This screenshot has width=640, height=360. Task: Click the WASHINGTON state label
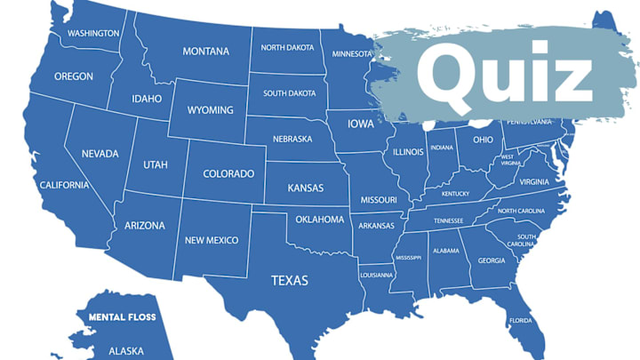tap(93, 34)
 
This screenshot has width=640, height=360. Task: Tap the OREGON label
tap(74, 76)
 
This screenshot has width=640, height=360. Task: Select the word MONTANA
tap(206, 52)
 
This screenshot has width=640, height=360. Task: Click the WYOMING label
tap(211, 111)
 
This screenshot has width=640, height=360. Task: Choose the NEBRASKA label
tap(292, 139)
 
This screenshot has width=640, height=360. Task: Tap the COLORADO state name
tap(228, 174)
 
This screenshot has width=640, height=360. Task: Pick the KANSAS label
tap(306, 188)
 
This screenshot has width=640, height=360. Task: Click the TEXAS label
tap(290, 281)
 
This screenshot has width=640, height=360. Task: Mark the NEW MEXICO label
tap(211, 240)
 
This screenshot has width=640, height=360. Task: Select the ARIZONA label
tap(145, 226)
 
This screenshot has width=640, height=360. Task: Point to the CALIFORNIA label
tap(64, 185)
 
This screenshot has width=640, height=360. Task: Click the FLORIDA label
tap(520, 320)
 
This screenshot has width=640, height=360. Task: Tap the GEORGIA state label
tap(492, 260)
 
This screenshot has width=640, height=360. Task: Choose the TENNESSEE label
tap(448, 220)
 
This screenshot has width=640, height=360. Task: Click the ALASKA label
tap(126, 351)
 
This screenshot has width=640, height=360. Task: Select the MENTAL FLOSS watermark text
tap(122, 316)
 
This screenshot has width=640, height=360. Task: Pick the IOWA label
tap(361, 124)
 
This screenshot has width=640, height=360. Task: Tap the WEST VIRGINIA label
tap(509, 160)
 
